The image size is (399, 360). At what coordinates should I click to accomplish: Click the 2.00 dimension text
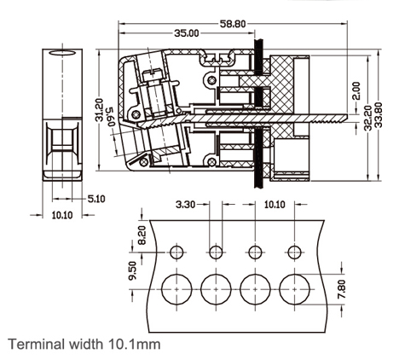tap(356, 90)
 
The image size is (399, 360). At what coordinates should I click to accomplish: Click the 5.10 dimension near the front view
tap(96, 199)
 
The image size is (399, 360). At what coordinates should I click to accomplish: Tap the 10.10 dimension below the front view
tap(62, 217)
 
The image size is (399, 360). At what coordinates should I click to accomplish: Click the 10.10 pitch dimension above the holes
tap(275, 205)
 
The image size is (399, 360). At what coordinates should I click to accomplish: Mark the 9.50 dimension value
tap(133, 271)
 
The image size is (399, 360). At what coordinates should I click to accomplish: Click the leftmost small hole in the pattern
tap(176, 253)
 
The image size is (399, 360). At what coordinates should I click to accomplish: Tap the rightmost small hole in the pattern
tap(294, 253)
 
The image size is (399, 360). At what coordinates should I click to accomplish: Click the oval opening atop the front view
tap(62, 54)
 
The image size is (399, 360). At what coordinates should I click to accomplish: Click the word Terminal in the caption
tap(33, 345)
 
